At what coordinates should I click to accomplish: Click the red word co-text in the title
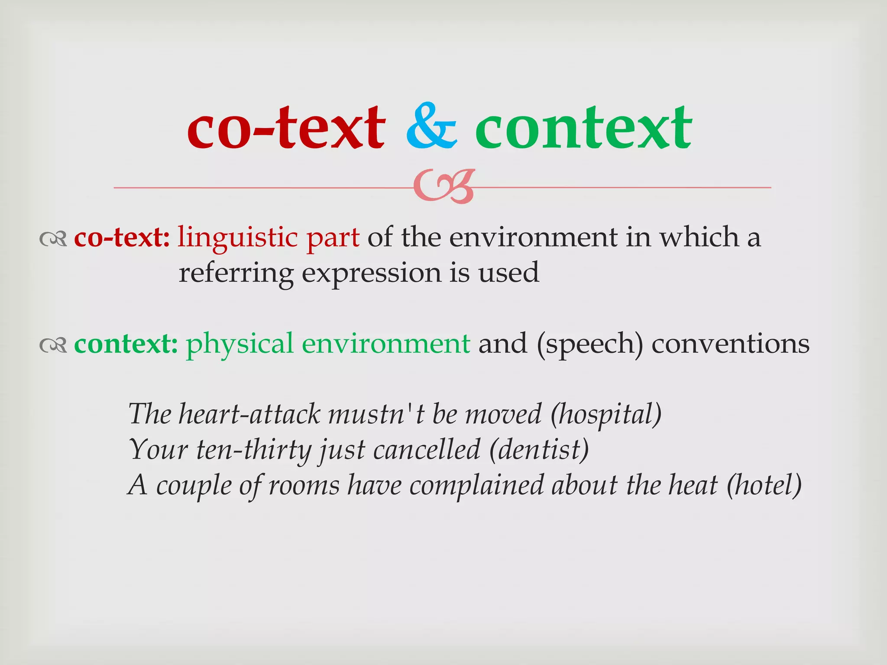click(x=286, y=128)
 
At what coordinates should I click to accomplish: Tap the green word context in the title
click(x=583, y=128)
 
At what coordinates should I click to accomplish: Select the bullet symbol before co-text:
click(x=53, y=239)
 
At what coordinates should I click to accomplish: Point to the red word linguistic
click(x=237, y=238)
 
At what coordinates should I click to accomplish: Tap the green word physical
click(x=240, y=344)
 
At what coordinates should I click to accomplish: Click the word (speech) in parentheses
click(x=589, y=344)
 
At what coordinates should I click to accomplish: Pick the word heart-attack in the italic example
click(x=249, y=414)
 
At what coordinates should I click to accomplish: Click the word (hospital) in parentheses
click(x=606, y=415)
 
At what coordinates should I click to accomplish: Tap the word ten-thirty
click(x=253, y=450)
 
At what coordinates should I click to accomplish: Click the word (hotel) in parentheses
click(x=764, y=485)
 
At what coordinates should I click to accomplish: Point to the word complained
click(x=476, y=486)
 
